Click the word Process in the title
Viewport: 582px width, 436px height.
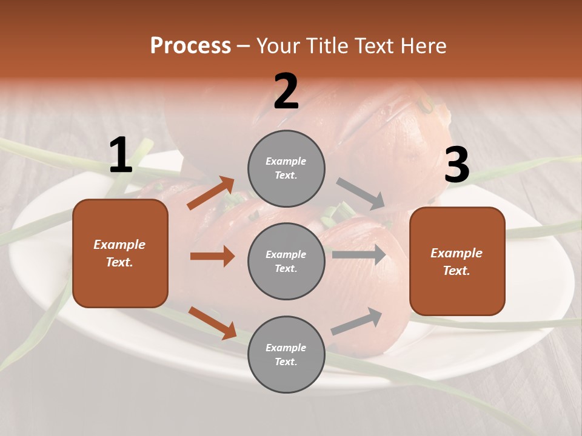[190, 45]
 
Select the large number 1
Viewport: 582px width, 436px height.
[121, 156]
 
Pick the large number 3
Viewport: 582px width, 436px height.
[457, 165]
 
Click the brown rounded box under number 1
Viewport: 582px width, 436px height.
[120, 253]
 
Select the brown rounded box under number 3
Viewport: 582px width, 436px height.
[457, 262]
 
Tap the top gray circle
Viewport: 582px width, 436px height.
[286, 168]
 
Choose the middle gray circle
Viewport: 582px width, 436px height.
[286, 261]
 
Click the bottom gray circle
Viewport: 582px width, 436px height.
[286, 354]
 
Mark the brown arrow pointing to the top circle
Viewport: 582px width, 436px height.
[211, 193]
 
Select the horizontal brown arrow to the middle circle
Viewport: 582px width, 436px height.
[212, 256]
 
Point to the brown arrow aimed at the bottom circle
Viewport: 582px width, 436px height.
[212, 322]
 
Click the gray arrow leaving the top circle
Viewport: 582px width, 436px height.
[360, 194]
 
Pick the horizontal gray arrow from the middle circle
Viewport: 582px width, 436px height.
[359, 254]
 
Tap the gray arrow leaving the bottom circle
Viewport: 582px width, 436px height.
[357, 321]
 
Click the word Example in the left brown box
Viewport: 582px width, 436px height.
[119, 245]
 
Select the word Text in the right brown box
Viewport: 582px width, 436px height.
[456, 271]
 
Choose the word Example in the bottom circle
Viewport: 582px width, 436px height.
[286, 348]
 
